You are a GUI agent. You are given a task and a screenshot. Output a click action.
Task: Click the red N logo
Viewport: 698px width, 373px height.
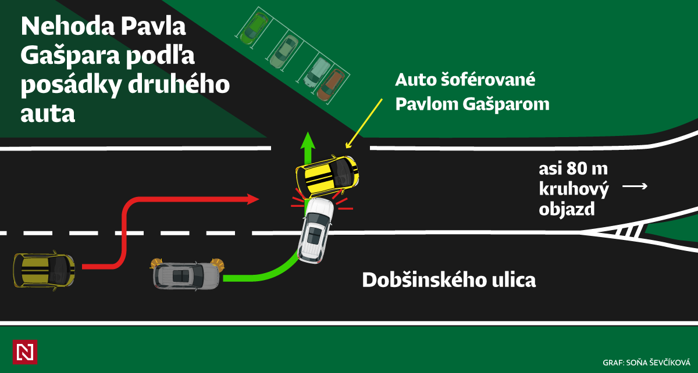(24, 352)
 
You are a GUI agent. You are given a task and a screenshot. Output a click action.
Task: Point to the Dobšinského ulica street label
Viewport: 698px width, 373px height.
(448, 280)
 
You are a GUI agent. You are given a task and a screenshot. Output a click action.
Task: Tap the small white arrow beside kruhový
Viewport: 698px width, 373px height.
(635, 186)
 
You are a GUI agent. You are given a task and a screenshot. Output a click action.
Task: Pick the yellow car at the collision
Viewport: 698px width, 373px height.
(327, 175)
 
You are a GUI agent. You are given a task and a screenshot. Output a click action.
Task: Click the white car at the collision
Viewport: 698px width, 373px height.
(315, 229)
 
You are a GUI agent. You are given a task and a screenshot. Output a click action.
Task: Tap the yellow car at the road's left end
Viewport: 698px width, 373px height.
(44, 270)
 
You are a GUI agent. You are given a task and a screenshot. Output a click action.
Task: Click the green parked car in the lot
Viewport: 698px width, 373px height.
(255, 28)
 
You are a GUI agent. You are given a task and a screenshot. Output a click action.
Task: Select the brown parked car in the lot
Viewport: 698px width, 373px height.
(330, 85)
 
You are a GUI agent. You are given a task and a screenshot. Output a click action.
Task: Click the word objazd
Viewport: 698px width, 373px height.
(567, 209)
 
